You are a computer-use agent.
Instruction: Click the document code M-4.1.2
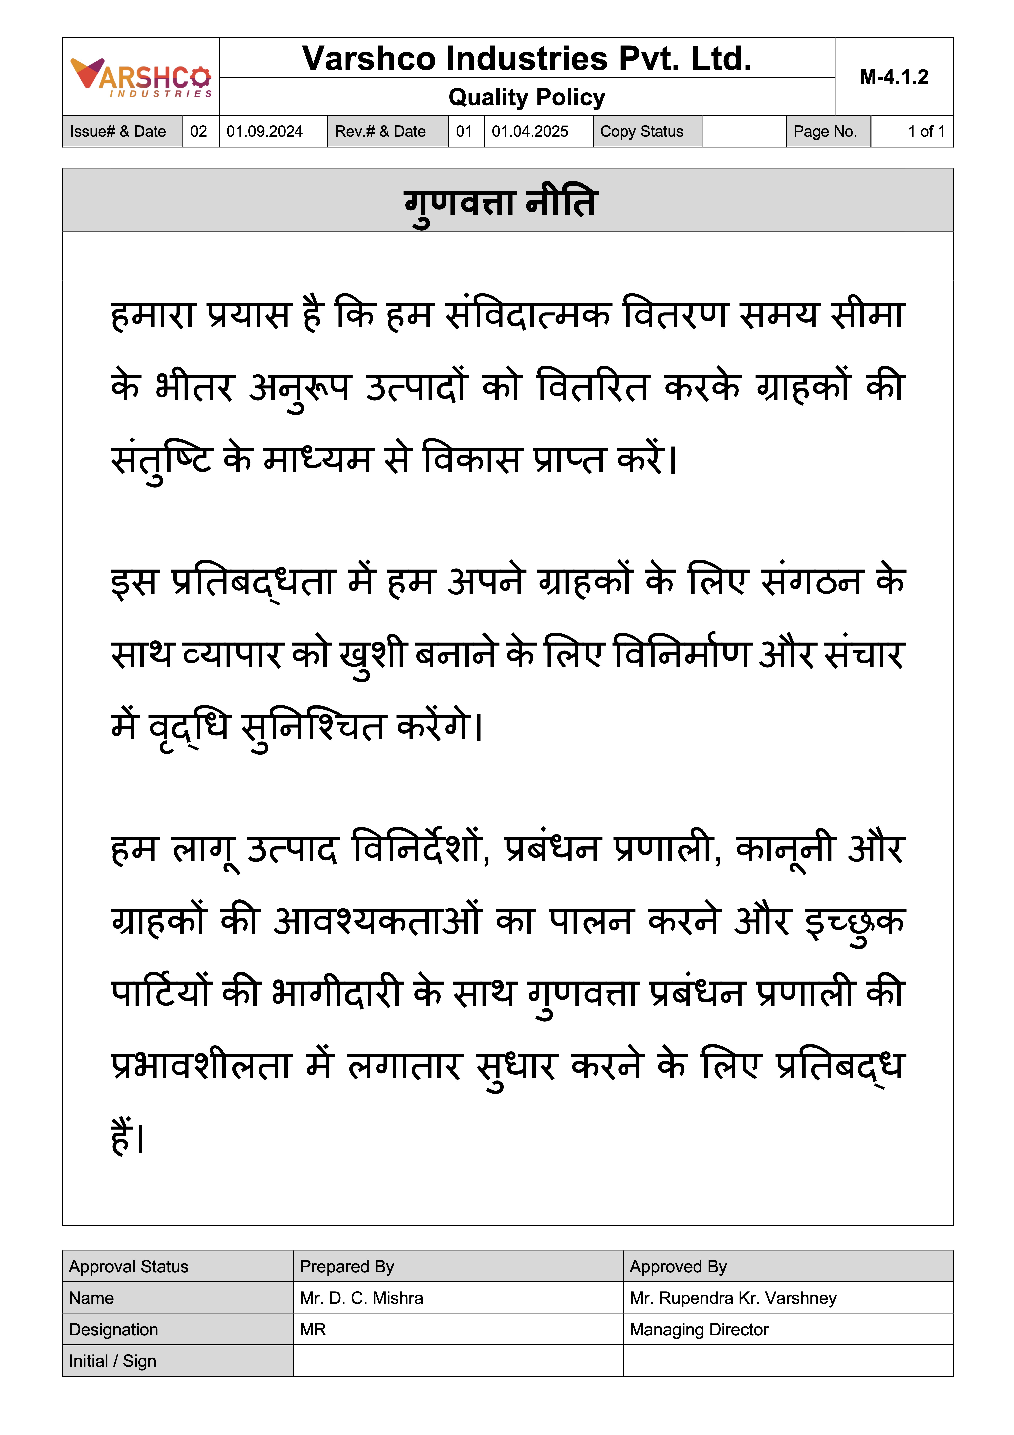click(893, 77)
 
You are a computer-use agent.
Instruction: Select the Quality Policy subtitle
click(527, 98)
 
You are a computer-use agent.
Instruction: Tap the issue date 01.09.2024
click(264, 131)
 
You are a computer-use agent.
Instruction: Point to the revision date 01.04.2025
click(530, 131)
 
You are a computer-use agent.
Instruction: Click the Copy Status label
click(642, 131)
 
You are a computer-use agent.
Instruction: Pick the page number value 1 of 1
click(926, 131)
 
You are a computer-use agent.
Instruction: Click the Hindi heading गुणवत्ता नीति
click(501, 203)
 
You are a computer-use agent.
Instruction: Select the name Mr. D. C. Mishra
click(361, 1298)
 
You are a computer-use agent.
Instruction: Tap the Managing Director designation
click(699, 1329)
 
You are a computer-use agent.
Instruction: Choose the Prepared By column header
click(347, 1266)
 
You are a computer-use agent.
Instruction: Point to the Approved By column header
click(678, 1266)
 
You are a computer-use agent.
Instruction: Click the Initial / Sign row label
click(112, 1361)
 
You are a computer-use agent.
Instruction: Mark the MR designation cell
click(313, 1329)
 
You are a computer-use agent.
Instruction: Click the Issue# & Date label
click(118, 131)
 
